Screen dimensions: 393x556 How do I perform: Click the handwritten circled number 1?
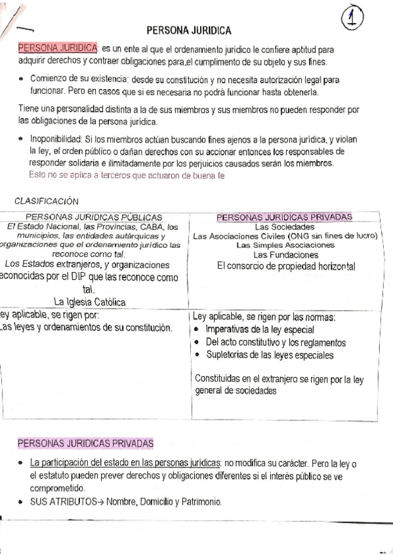coord(353,18)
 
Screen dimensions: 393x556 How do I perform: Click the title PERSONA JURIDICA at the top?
coord(188,30)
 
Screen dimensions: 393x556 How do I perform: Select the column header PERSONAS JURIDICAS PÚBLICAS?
coord(93,217)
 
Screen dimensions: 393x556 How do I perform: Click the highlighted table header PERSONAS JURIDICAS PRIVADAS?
coord(284,217)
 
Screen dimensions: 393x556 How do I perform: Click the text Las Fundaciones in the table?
coord(285,254)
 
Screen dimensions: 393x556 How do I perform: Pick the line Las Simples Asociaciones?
coord(285,245)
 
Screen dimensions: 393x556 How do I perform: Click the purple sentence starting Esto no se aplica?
coord(127,175)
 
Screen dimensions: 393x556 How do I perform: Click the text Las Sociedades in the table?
coord(285,227)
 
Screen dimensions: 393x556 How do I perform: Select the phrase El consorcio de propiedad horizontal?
coord(285,266)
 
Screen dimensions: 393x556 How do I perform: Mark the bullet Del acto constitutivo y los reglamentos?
coord(276,342)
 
